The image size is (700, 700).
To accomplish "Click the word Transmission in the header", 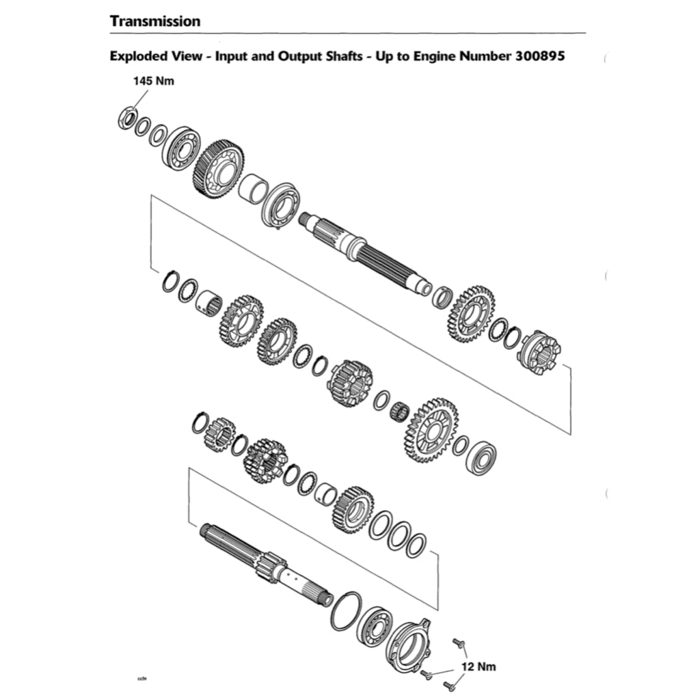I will pyautogui.click(x=155, y=21).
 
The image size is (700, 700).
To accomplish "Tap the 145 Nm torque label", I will pyautogui.click(x=153, y=81).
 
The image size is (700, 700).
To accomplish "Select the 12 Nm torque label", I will pyautogui.click(x=478, y=667).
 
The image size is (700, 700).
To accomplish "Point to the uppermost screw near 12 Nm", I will pyautogui.click(x=459, y=643).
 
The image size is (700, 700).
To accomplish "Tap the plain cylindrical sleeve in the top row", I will pyautogui.click(x=252, y=189).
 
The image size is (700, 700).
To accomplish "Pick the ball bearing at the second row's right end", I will pyautogui.click(x=481, y=459).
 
